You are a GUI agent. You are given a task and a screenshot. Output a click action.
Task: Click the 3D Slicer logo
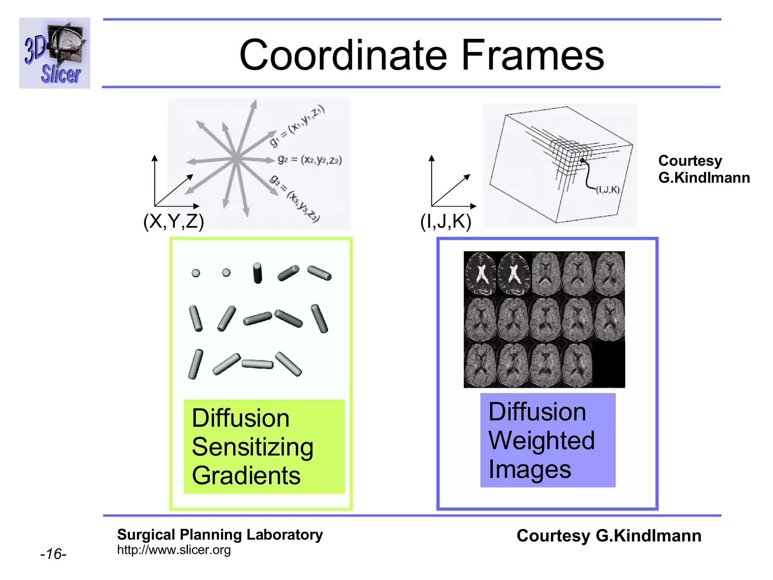click(55, 53)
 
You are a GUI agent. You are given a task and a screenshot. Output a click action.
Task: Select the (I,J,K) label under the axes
click(445, 222)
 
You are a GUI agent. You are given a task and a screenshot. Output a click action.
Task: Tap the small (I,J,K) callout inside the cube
click(608, 190)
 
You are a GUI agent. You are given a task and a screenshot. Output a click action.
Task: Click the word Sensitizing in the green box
click(252, 447)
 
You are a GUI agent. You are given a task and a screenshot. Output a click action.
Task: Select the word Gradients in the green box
click(246, 475)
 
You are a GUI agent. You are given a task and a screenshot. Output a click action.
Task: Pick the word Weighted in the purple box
click(541, 441)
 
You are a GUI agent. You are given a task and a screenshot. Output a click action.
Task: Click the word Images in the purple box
click(530, 469)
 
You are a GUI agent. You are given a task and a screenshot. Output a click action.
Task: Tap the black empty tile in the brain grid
click(608, 364)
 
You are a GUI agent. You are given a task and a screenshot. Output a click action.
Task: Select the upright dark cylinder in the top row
click(257, 273)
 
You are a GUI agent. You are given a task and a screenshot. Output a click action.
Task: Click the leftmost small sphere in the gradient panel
click(196, 273)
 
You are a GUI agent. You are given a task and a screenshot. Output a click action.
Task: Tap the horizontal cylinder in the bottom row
click(257, 364)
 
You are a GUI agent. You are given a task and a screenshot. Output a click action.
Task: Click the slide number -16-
click(53, 554)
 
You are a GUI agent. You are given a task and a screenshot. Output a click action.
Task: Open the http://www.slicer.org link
click(174, 550)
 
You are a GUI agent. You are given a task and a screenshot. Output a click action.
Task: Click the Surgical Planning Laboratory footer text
click(220, 535)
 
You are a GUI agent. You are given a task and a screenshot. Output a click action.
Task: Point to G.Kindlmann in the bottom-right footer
click(648, 536)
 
